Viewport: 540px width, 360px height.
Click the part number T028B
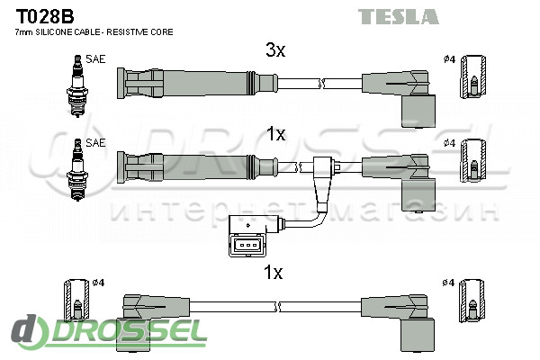click(x=39, y=15)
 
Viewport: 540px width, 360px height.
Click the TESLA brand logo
click(x=399, y=16)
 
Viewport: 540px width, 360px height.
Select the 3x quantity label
click(x=274, y=51)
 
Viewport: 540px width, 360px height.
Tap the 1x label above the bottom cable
click(x=274, y=272)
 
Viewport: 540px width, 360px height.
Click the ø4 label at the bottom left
click(x=99, y=283)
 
